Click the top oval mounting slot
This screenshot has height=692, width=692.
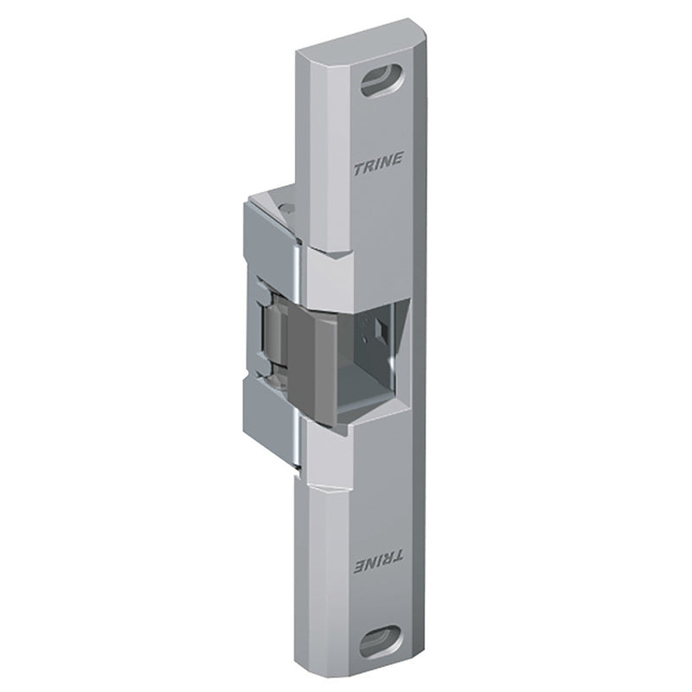click(381, 80)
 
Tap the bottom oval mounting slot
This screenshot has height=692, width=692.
click(381, 641)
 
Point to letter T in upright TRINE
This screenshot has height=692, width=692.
click(359, 170)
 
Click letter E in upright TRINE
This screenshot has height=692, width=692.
click(398, 158)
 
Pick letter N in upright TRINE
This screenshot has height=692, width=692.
click(387, 161)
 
